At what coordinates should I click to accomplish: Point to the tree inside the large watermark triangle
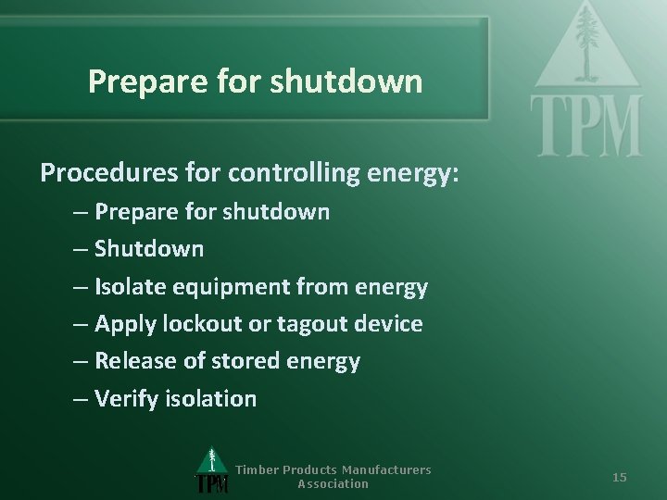pyautogui.click(x=587, y=46)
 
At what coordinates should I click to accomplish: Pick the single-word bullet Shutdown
pyautogui.click(x=149, y=249)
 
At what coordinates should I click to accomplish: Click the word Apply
pyautogui.click(x=122, y=324)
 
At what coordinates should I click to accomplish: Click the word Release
pyautogui.click(x=132, y=361)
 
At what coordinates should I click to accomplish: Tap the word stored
pyautogui.click(x=235, y=361)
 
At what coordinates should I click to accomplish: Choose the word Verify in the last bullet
pyautogui.click(x=126, y=399)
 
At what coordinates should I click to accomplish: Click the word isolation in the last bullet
pyautogui.click(x=210, y=399)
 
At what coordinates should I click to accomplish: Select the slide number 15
pyautogui.click(x=620, y=477)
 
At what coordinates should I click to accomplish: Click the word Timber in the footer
pyautogui.click(x=256, y=469)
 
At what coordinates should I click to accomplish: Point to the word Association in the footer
pyautogui.click(x=333, y=483)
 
